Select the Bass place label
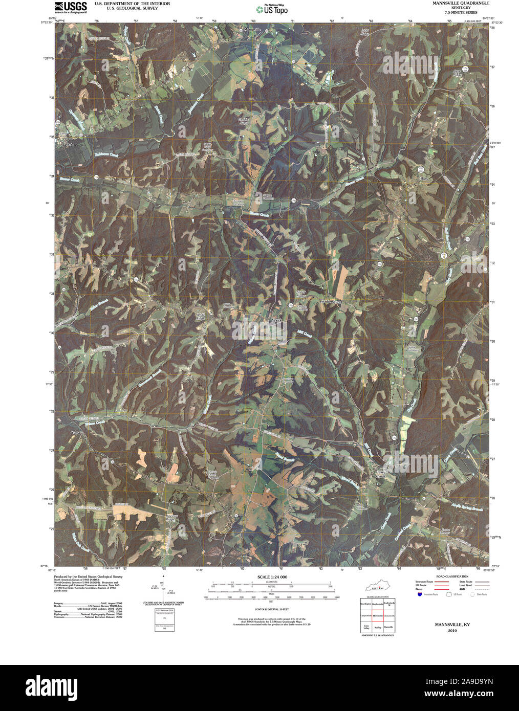pos(423,179)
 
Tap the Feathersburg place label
pos(330,301)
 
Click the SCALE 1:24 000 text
pos(272,577)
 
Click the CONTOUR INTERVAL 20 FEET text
pos(271,610)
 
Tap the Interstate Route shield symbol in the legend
pos(420,594)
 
